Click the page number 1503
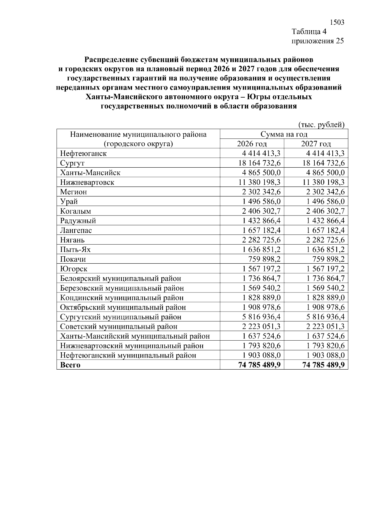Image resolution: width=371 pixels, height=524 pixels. point(337,23)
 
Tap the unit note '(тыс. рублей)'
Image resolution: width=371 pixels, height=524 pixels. point(321,125)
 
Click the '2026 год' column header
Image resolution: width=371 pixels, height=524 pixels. point(252,144)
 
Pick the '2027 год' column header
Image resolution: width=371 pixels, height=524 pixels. point(316,144)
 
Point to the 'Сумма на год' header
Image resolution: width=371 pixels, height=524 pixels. point(284,134)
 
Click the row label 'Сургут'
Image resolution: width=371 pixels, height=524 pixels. point(72,163)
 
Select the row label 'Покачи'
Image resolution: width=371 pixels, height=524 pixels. point(73,259)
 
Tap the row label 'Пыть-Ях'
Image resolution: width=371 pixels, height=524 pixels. point(75,249)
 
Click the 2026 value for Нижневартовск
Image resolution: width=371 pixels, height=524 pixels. point(259,182)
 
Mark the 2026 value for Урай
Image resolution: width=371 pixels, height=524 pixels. point(261,201)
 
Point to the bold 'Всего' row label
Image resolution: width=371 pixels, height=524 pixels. point(70,365)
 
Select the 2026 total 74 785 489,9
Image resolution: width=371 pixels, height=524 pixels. point(259,365)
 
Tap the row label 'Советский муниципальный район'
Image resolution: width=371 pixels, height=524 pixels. point(119,326)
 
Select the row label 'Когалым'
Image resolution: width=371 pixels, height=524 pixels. point(75,211)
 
